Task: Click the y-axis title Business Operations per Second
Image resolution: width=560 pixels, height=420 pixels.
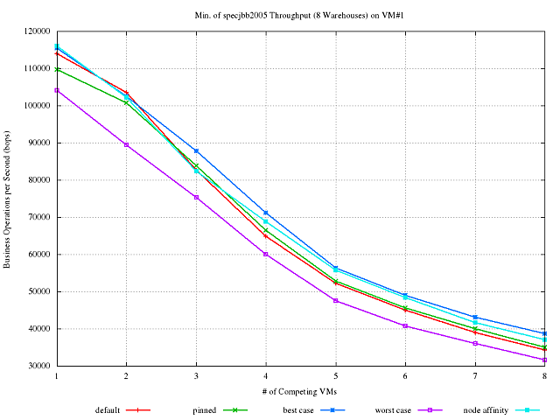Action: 9,199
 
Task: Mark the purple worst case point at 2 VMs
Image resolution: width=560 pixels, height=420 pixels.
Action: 126,144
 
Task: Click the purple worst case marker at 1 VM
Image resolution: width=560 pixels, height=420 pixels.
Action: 57,90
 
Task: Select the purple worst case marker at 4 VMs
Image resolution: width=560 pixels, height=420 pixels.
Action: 266,254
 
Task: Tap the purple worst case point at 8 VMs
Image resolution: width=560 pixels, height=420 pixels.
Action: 544,360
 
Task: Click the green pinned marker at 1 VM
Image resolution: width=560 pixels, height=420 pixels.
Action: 57,69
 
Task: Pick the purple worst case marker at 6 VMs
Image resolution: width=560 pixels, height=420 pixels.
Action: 405,325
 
